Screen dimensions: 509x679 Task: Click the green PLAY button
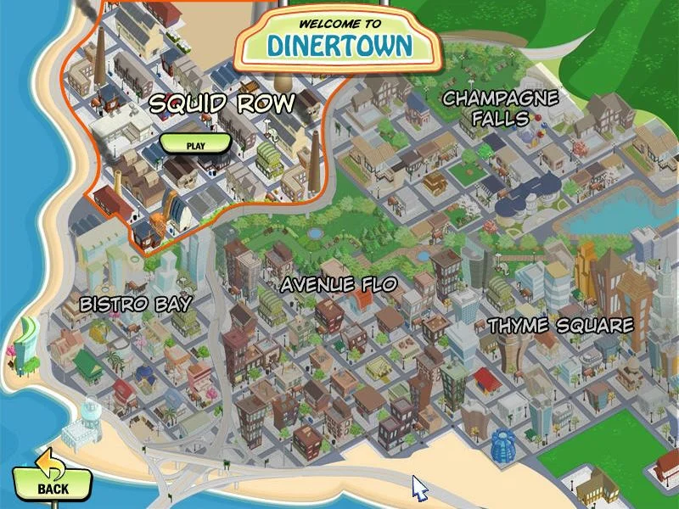[x=195, y=144]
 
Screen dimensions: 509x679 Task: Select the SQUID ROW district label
[x=222, y=104]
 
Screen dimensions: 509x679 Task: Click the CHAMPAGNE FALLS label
[x=500, y=108]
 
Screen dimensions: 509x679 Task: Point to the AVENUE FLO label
[x=339, y=284]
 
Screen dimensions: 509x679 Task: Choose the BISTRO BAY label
[x=136, y=304]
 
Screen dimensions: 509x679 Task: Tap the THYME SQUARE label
[x=560, y=326]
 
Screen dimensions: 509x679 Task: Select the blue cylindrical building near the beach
[x=502, y=443]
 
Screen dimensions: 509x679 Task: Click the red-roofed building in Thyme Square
[x=485, y=378]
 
